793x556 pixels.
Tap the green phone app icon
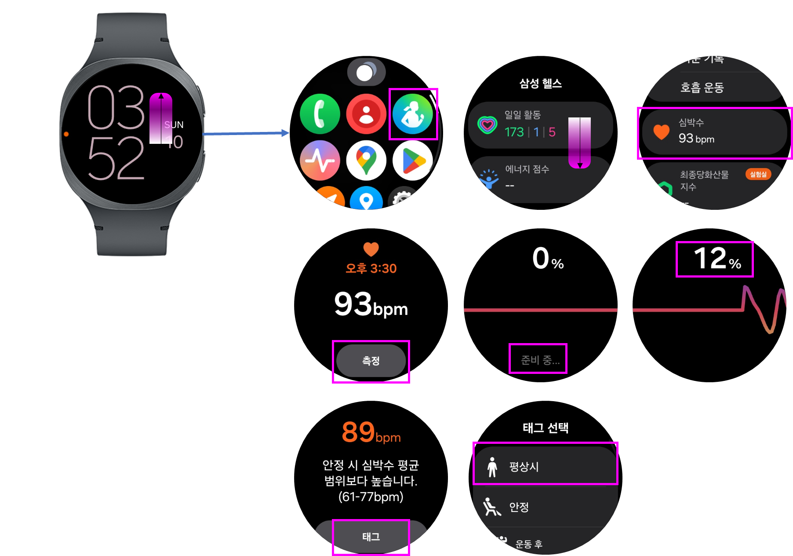(320, 114)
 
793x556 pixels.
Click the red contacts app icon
(366, 114)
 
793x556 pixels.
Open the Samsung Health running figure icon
(412, 114)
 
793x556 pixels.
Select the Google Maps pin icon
(366, 160)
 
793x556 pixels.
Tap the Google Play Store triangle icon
(412, 160)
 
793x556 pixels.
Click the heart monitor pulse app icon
(320, 160)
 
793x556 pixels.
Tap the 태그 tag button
(371, 537)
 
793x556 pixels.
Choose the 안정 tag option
(519, 507)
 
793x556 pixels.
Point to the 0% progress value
(548, 259)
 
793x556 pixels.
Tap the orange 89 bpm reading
(371, 432)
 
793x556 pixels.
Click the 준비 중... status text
(540, 360)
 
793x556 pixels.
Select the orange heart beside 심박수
(661, 132)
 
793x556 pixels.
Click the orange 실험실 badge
(758, 174)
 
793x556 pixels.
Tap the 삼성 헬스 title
(540, 84)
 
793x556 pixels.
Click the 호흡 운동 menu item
(702, 88)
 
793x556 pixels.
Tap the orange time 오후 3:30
(371, 268)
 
